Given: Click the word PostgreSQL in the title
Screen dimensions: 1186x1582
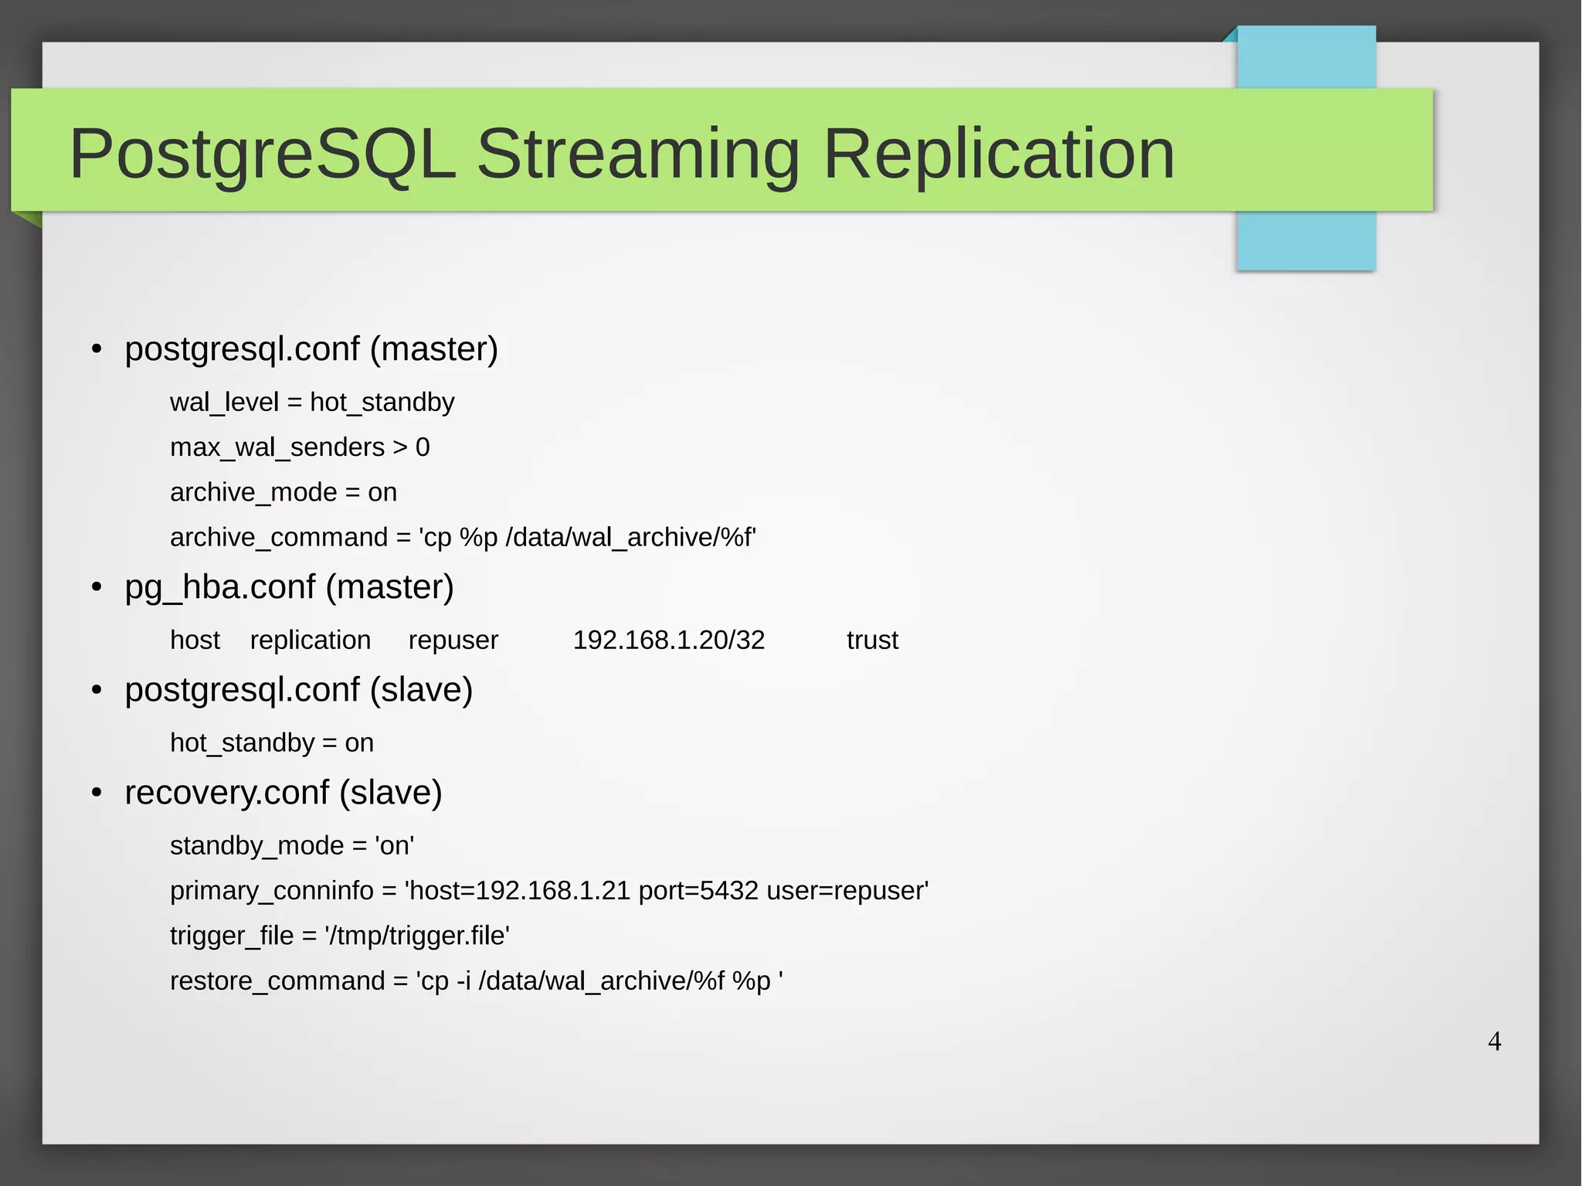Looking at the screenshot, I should point(263,155).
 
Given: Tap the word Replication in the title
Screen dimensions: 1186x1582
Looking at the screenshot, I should point(999,155).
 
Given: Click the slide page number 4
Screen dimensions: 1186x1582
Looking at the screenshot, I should point(1494,1042).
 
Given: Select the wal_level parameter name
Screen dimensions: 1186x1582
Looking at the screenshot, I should point(224,403).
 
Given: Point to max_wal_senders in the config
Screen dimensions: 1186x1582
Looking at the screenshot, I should point(277,447).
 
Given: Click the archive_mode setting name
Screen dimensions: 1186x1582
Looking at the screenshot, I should point(253,492).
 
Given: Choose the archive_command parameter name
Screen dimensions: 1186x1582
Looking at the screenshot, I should point(279,537).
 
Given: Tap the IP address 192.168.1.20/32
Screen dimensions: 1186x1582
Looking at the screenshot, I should point(668,640).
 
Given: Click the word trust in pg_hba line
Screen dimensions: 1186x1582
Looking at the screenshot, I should point(872,640).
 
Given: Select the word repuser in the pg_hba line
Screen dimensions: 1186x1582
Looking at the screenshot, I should point(453,640).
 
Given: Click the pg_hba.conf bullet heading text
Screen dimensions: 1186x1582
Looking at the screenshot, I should point(289,587).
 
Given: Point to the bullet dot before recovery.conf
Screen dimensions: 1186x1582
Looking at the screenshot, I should point(97,793).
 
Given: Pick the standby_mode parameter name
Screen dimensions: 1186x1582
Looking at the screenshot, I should point(256,846).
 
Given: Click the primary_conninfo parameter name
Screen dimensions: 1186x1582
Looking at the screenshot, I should point(272,891).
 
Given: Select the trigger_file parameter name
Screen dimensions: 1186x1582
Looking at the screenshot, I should point(232,936).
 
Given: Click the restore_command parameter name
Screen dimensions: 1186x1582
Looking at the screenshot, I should point(277,980).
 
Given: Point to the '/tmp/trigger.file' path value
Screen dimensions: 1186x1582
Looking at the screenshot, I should point(417,936).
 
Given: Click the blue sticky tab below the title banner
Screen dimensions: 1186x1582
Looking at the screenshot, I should point(1305,240).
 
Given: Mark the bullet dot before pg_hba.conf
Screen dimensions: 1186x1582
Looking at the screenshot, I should point(97,588).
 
